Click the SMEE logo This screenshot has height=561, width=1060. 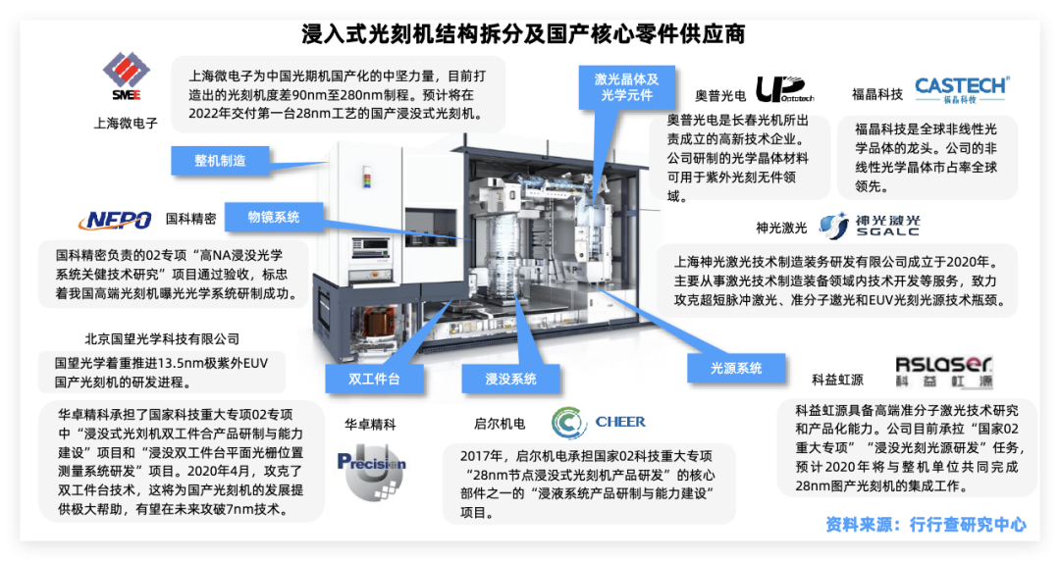(126, 79)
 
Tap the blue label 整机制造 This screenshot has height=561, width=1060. (219, 160)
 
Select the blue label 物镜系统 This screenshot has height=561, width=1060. (274, 217)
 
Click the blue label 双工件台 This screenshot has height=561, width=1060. (373, 379)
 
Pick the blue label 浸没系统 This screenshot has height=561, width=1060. (510, 379)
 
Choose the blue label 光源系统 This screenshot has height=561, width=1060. (737, 368)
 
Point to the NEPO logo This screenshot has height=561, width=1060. (115, 220)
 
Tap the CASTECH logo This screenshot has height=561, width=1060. (961, 88)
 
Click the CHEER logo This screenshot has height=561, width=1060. (599, 423)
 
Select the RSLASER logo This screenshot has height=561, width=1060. (944, 371)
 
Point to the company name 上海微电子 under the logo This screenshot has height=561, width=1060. (126, 124)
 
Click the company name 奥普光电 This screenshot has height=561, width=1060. (720, 95)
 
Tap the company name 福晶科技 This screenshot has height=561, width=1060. (877, 95)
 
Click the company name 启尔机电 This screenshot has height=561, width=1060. (500, 424)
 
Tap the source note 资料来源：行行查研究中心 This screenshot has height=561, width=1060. (926, 525)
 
